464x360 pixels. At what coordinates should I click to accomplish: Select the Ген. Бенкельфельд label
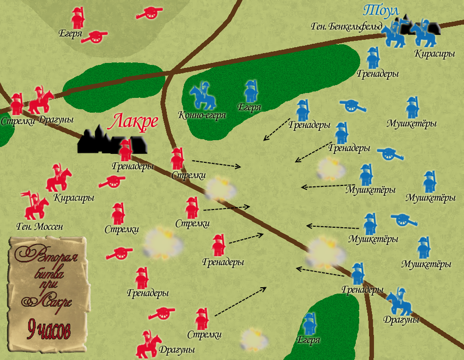point(346,26)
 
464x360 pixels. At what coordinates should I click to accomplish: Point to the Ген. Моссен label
point(40,227)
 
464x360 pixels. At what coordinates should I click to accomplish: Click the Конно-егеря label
point(202,116)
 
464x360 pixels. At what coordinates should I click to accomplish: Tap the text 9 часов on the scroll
point(48,329)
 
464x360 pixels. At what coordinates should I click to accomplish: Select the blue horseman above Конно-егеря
point(202,96)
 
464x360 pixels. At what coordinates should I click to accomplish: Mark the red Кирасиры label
point(74,198)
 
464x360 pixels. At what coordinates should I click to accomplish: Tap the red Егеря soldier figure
point(77,18)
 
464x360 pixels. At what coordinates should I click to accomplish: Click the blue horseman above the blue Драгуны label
point(400,301)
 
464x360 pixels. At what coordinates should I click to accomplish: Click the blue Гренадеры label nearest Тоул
point(378,74)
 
